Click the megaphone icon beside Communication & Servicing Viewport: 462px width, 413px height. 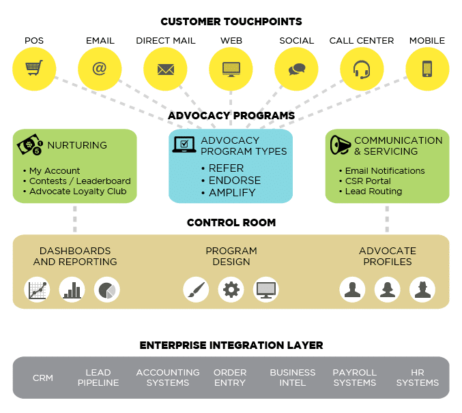tap(340, 145)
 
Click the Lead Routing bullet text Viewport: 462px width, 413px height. tap(373, 192)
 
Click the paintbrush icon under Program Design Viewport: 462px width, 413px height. tap(196, 289)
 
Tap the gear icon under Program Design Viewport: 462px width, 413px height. tap(231, 289)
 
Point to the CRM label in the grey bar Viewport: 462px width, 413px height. tap(44, 378)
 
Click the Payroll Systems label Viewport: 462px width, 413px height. tap(355, 378)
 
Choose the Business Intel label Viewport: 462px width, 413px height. tap(293, 378)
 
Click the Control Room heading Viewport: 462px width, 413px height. tap(231, 223)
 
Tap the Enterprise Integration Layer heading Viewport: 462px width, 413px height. tap(231, 346)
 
